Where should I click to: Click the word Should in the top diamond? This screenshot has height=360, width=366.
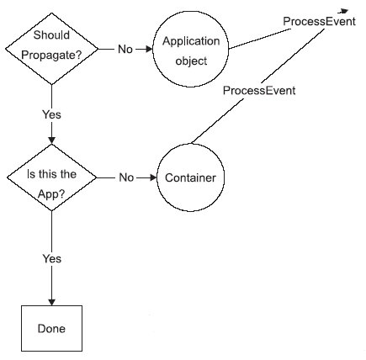(x=51, y=35)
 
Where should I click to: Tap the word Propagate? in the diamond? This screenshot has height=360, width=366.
(x=51, y=55)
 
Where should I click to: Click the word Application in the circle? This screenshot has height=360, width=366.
(x=191, y=41)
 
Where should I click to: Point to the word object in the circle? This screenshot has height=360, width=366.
(x=191, y=61)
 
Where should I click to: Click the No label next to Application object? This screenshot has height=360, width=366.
(x=125, y=49)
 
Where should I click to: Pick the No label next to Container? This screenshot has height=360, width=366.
(x=126, y=177)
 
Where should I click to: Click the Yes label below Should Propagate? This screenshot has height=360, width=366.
(x=51, y=114)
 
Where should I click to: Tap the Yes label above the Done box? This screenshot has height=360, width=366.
(x=52, y=258)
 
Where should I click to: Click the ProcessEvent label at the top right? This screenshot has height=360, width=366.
(x=319, y=21)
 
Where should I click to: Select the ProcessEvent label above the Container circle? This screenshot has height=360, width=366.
(x=259, y=91)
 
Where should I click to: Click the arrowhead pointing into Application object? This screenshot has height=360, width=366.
(x=149, y=49)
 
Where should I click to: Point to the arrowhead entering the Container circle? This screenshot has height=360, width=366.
(x=153, y=177)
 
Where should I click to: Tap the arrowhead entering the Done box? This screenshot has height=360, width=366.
(x=52, y=302)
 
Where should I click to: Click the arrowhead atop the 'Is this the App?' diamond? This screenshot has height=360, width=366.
(x=51, y=140)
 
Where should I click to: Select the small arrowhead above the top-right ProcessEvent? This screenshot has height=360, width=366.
(x=343, y=11)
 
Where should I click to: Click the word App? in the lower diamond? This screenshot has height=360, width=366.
(x=51, y=194)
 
